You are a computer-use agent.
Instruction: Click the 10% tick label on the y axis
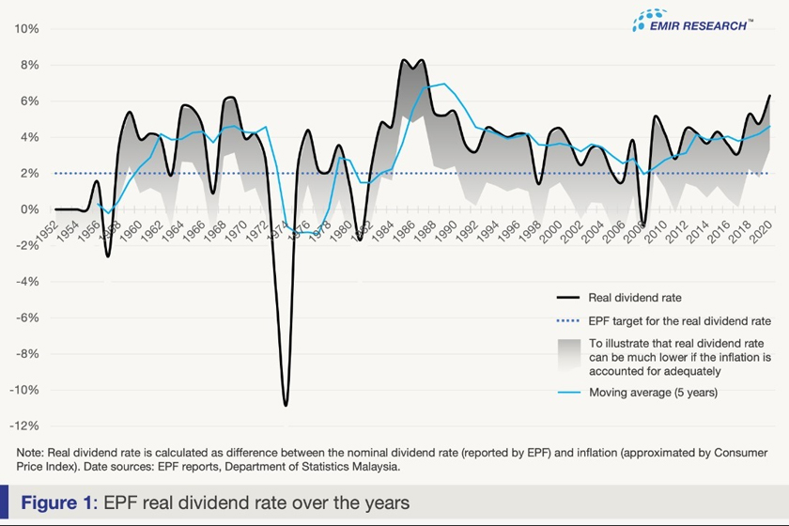coord(26,29)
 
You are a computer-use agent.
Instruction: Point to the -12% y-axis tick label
coord(24,426)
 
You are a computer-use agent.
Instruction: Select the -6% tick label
coord(26,317)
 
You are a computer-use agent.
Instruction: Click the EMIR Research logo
coord(692,23)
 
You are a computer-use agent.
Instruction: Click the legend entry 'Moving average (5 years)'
coord(653,393)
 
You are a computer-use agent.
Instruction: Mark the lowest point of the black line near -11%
coord(286,405)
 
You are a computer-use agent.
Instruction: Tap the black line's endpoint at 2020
coord(770,96)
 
